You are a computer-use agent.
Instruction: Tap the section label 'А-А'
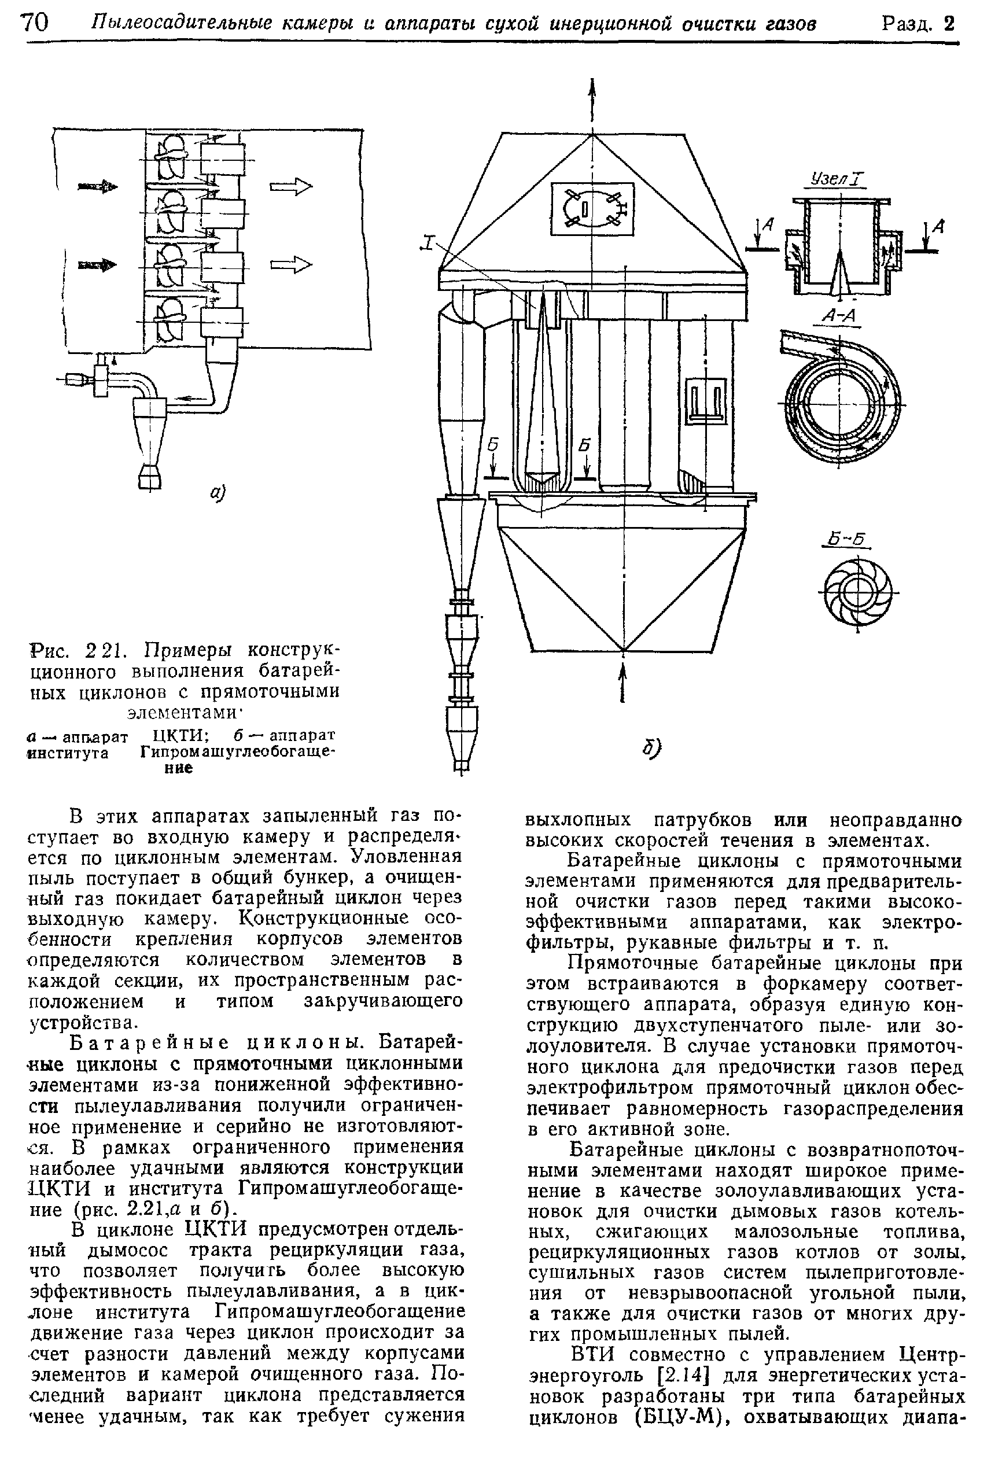(x=838, y=315)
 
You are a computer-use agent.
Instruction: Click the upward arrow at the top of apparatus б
(x=592, y=95)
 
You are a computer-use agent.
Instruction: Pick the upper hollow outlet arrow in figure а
(x=292, y=186)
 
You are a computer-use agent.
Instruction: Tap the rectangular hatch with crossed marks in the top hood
(x=592, y=209)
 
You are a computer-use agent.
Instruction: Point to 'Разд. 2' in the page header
(x=918, y=24)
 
